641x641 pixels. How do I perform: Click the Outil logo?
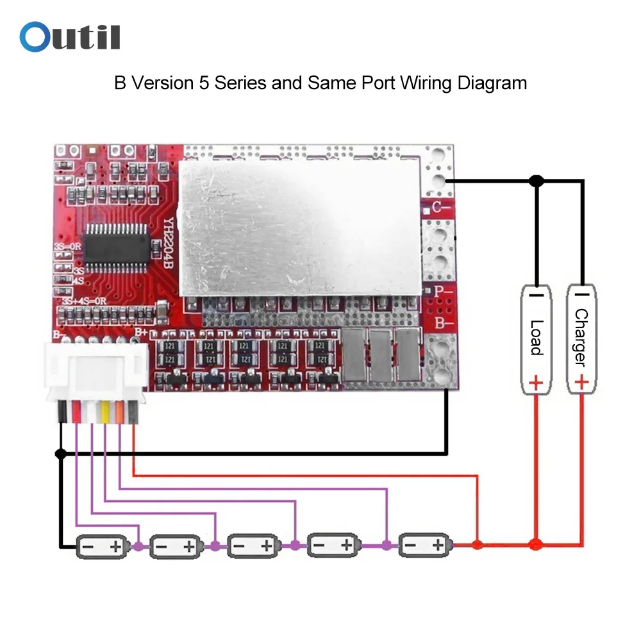pos(70,37)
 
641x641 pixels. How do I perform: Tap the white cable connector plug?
pos(94,372)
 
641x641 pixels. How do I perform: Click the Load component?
pos(536,338)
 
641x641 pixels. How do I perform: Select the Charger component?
pos(580,338)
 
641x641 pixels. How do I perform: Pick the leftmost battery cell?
pos(99,547)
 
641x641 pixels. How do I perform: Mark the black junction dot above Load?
pos(536,181)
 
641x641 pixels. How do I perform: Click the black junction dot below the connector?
pos(61,454)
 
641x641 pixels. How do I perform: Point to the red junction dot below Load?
pos(536,545)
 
